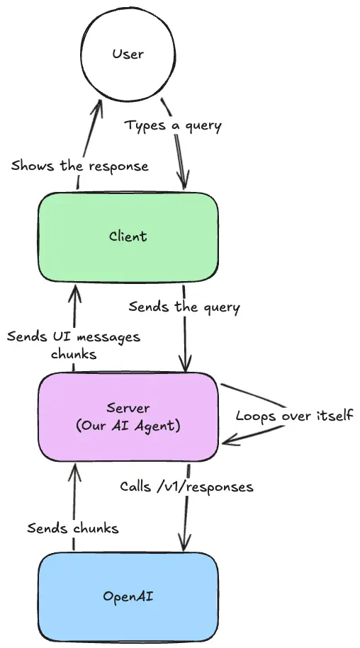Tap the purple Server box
tap(128, 416)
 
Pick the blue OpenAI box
tap(128, 596)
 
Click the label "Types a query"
tap(173, 126)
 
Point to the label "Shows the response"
tap(79, 166)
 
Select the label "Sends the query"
tap(184, 307)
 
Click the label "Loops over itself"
tap(294, 415)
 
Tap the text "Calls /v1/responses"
tap(186, 487)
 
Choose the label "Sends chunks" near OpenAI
tap(73, 528)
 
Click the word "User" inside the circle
tap(128, 53)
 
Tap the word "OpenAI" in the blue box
tap(128, 596)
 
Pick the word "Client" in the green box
tap(128, 235)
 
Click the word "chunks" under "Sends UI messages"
tap(73, 354)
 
